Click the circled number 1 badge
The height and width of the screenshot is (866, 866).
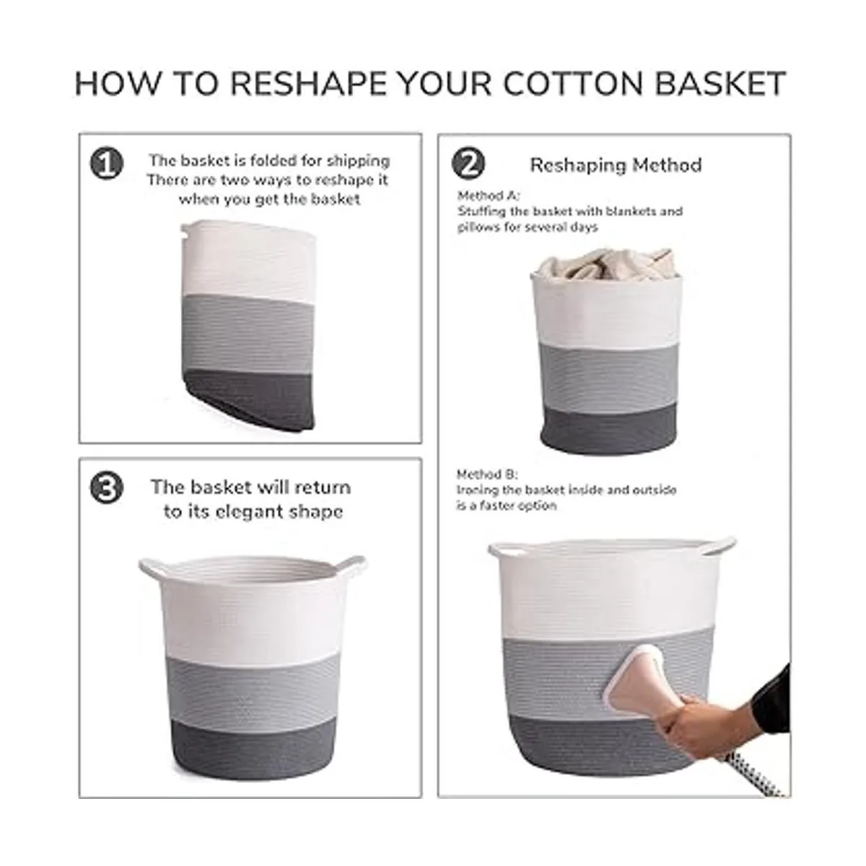point(107,164)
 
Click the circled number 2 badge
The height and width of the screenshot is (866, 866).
point(468,164)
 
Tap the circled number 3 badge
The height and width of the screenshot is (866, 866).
point(107,488)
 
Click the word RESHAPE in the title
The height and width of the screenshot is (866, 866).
point(308,84)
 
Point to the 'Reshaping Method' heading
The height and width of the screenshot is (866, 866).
point(616,165)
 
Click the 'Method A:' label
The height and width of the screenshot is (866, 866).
point(489,196)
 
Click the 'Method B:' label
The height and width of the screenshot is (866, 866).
point(487,475)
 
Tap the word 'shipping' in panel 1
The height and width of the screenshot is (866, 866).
point(358,161)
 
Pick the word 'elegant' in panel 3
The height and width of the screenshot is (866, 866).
point(268,512)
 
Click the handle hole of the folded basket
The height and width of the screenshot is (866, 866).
point(185,233)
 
